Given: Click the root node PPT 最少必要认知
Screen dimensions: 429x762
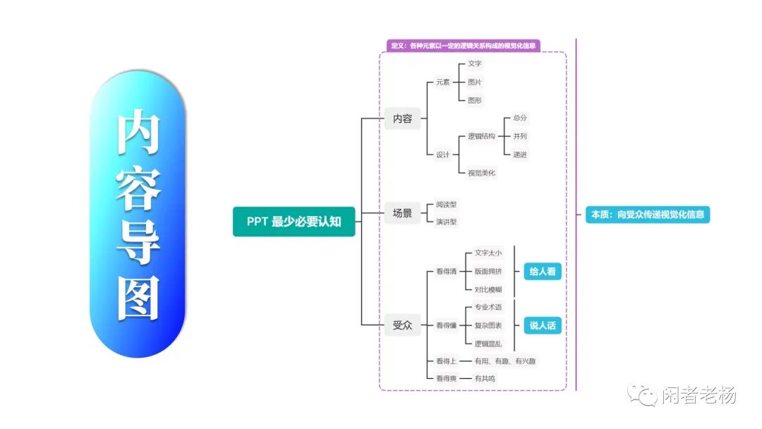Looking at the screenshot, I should coord(294,222).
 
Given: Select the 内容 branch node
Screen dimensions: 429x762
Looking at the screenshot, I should coord(402,119).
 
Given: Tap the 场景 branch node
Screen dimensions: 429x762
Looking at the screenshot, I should coord(402,212).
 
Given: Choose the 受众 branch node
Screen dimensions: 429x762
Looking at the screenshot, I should coord(402,325).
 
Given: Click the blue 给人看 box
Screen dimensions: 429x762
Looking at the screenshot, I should coord(542,271).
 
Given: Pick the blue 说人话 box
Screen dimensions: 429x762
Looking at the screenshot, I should coord(542,325).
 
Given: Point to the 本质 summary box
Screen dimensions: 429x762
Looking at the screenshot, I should coord(647,214).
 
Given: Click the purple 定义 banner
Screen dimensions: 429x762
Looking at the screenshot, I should coord(464,46).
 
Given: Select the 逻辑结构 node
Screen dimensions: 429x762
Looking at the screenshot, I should coord(481,136).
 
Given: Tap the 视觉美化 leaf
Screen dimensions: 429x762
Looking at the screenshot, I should coord(481,172).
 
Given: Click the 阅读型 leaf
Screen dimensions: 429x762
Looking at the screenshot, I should coord(447,205).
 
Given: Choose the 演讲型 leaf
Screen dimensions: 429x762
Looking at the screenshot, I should coord(447,222).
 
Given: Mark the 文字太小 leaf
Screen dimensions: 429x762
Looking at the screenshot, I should coord(488,253).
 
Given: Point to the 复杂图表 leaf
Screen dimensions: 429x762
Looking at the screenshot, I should coord(488,325).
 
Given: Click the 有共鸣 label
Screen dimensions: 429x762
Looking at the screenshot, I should coord(485,379).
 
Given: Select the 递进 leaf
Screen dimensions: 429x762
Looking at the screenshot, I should coord(520,155).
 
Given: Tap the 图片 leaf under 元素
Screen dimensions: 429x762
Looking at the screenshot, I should coord(475,82).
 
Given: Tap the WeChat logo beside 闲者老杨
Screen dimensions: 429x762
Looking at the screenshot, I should coord(643,395).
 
